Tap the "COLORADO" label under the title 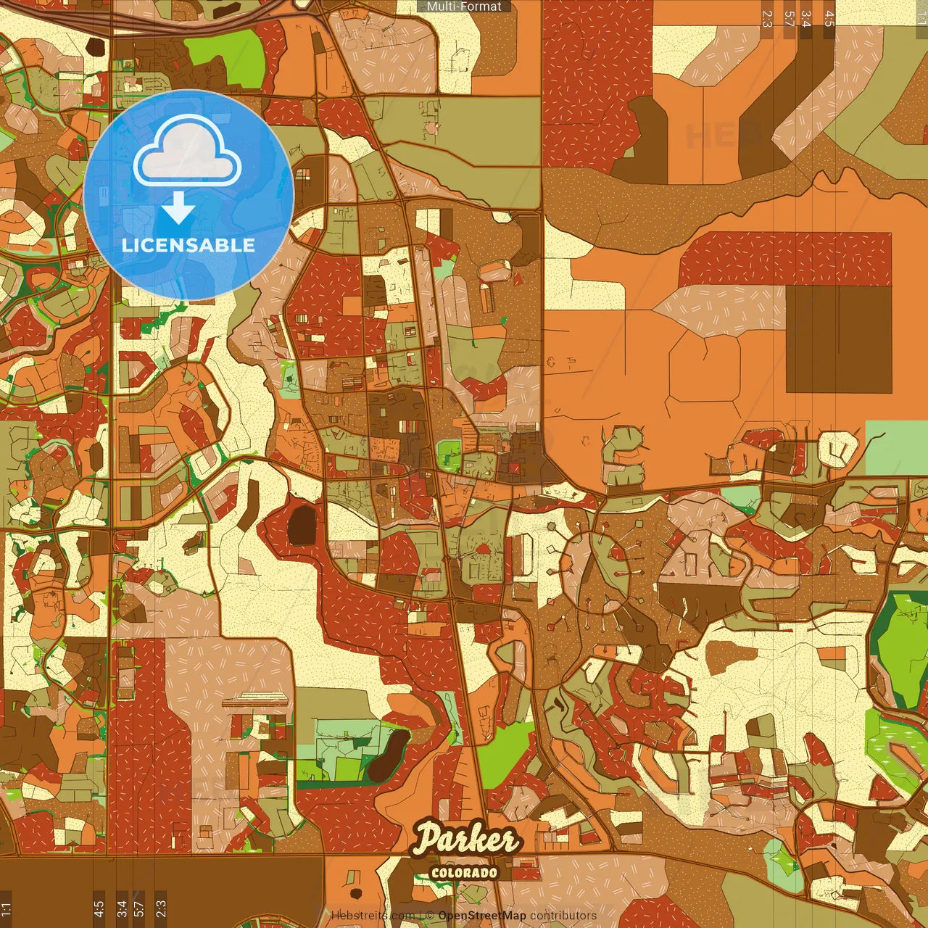(x=465, y=872)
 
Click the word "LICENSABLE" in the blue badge (x=188, y=245)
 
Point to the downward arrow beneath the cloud (x=178, y=209)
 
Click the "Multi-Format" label (x=464, y=7)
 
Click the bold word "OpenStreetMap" (x=482, y=916)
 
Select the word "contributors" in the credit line (x=563, y=916)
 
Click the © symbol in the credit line (x=429, y=916)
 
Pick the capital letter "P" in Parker (x=428, y=840)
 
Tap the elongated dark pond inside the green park (x=387, y=755)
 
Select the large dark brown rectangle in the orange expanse (x=839, y=339)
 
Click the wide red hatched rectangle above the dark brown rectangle (x=785, y=259)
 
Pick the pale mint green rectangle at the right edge (x=897, y=447)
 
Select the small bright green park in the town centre (x=449, y=454)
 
